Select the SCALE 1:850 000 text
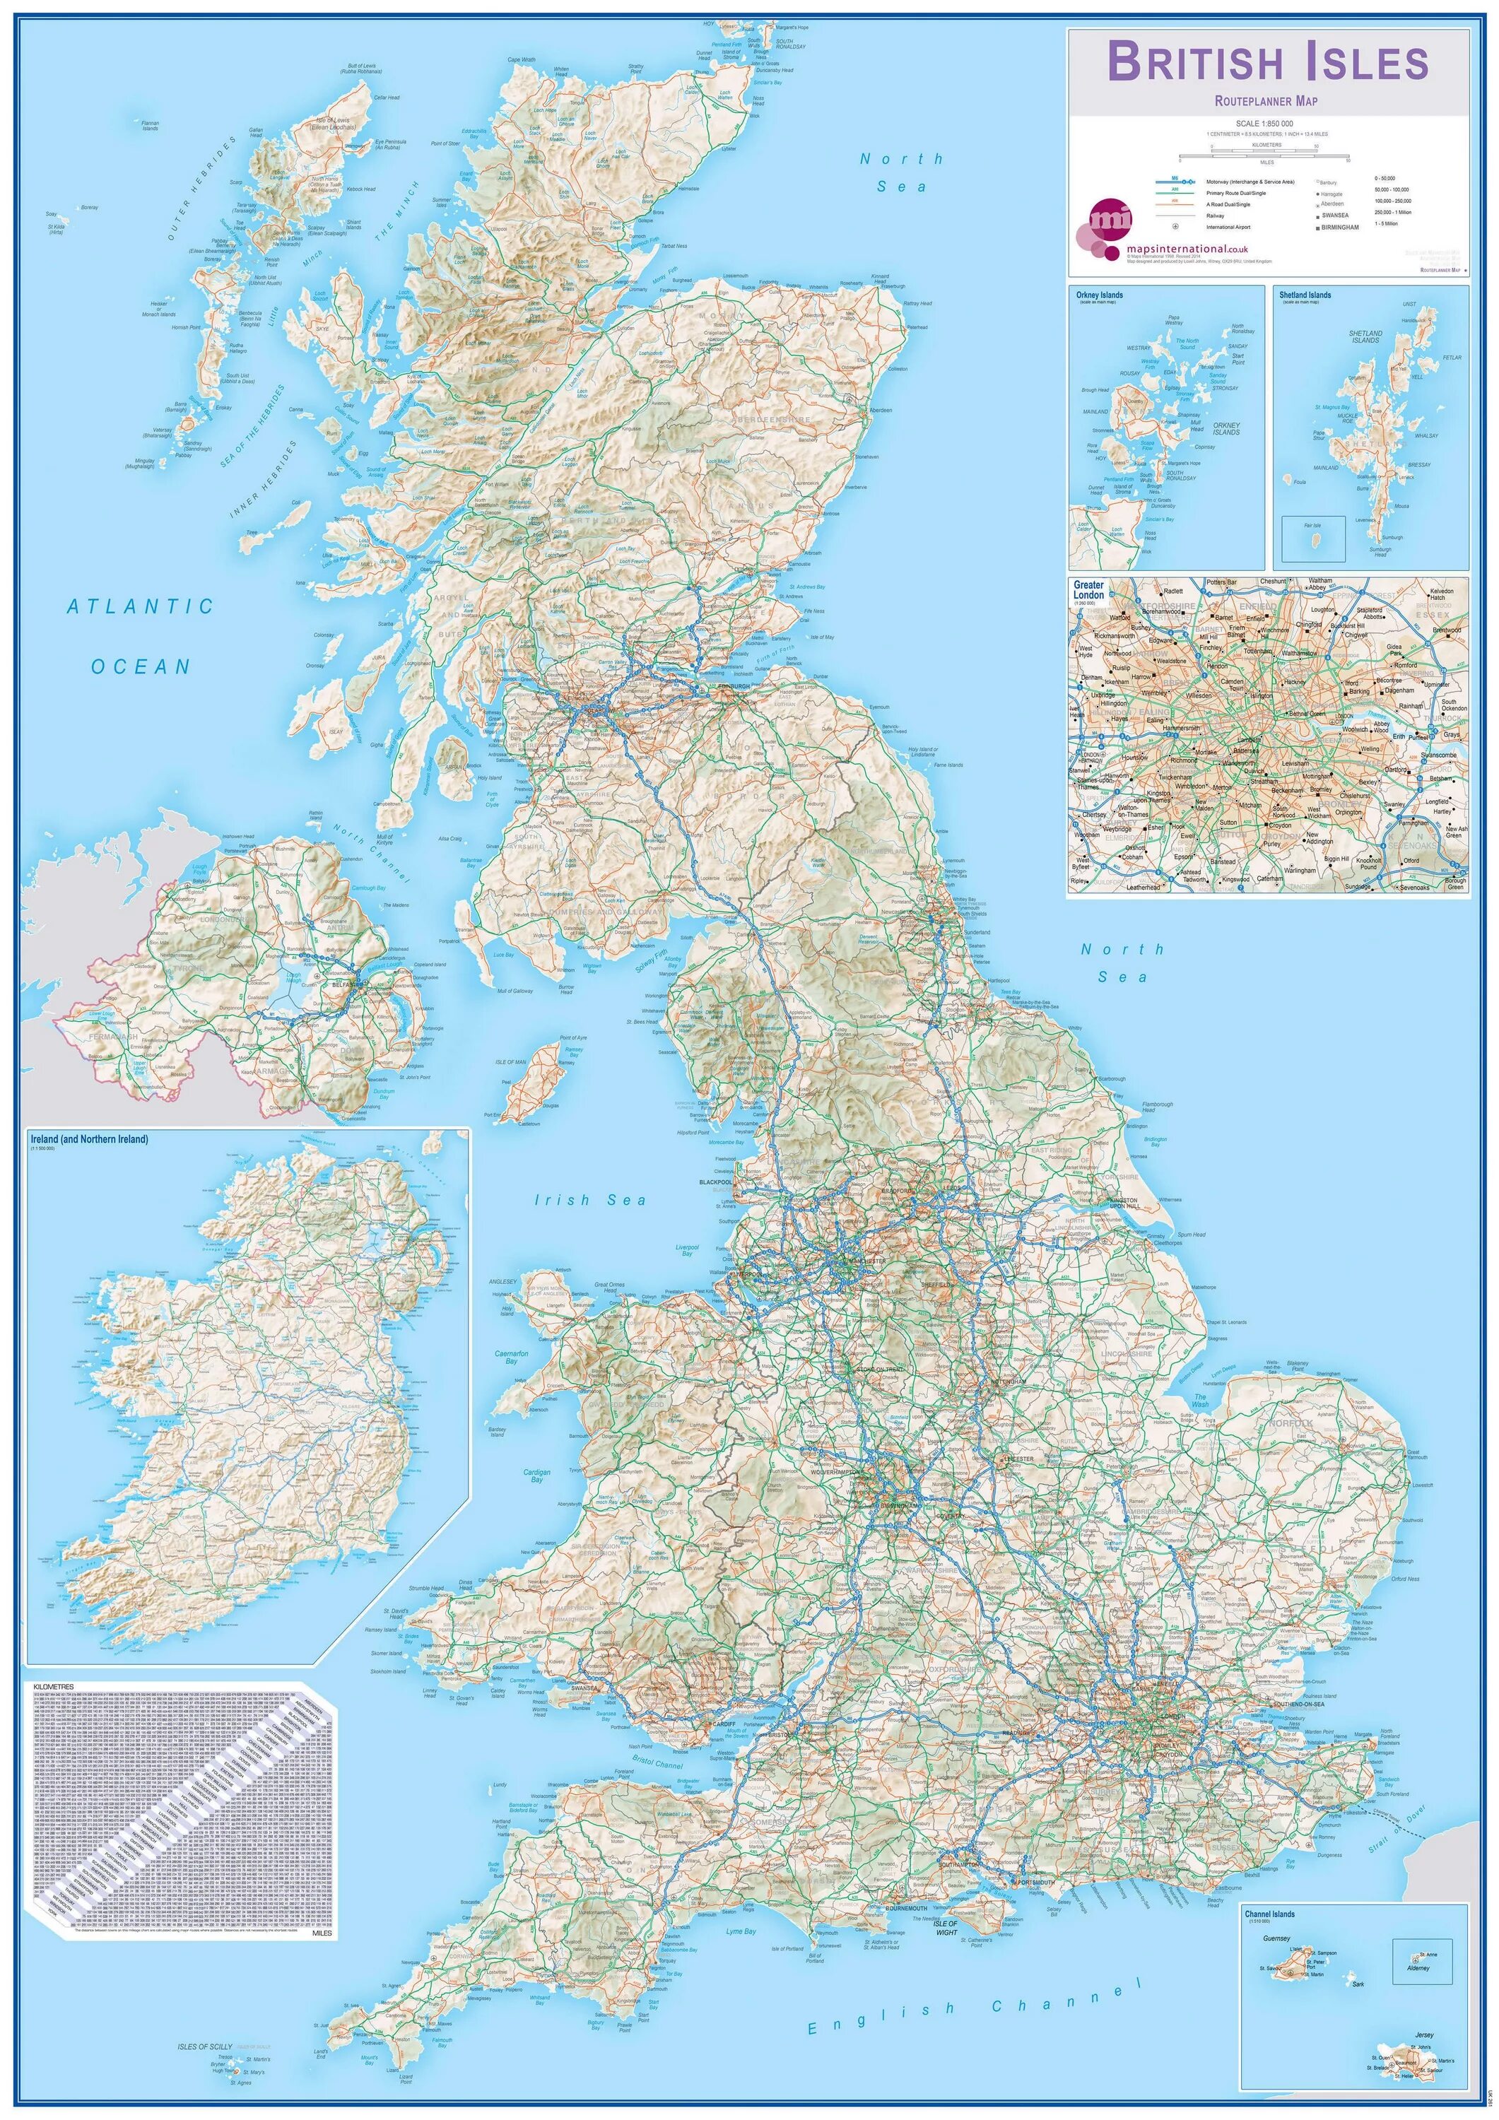tap(1264, 124)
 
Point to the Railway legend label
tap(1221, 215)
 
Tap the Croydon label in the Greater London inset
tap(1278, 825)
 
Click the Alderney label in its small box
tap(1418, 1967)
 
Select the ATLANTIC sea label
tap(141, 606)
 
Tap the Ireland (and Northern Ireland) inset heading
tap(88, 1139)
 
